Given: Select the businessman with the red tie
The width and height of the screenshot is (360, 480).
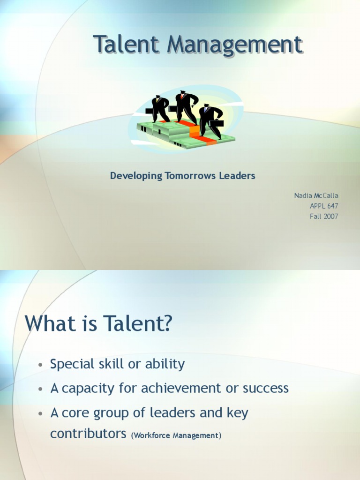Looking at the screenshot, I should coord(184,107).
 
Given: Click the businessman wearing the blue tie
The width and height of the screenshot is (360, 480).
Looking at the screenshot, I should coord(208,120).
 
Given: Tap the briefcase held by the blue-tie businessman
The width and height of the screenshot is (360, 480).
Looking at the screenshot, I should coord(217,124).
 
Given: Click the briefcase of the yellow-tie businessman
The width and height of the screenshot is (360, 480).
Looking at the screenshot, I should coord(150,111).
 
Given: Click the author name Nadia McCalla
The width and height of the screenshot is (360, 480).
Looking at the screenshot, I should coord(316,195).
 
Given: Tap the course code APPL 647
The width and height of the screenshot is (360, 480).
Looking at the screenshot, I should coord(323,206).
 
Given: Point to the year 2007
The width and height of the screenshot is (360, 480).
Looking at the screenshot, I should coord(330,216).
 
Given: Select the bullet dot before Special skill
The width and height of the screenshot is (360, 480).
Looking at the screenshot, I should coord(41,365).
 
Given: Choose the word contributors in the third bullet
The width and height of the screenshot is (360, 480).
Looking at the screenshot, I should coord(88,434).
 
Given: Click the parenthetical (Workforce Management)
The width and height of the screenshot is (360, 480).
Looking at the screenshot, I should coord(176,435).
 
